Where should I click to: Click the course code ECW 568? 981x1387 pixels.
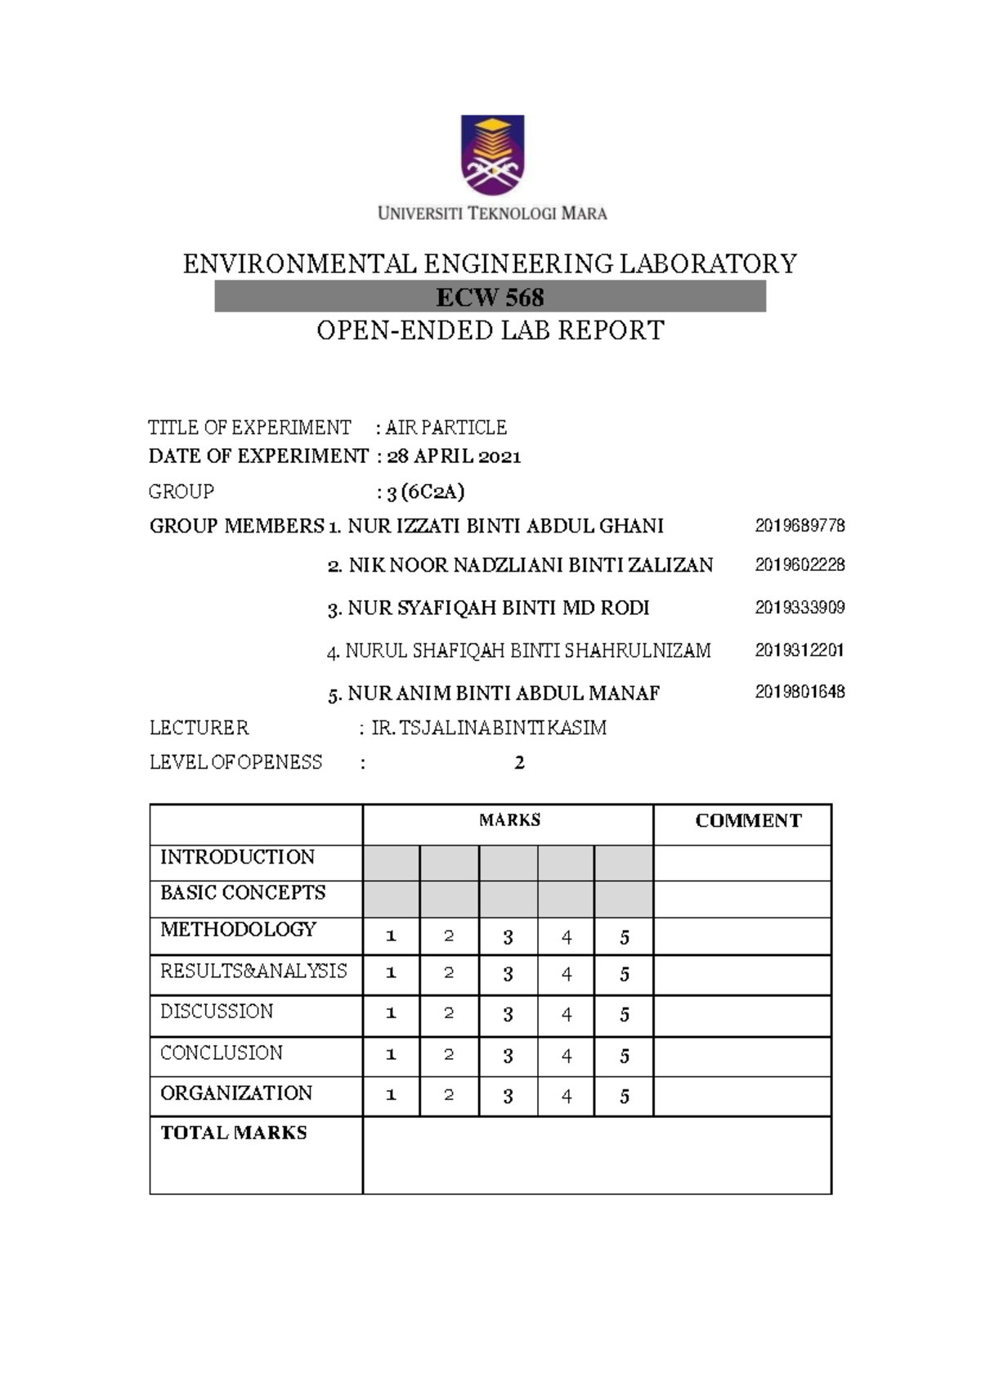pyautogui.click(x=490, y=296)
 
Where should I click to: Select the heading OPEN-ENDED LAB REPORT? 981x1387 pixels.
pyautogui.click(x=490, y=330)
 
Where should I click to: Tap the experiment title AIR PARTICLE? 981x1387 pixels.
pyautogui.click(x=446, y=428)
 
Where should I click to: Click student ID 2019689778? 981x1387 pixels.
pyautogui.click(x=800, y=526)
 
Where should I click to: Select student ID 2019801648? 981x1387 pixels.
pyautogui.click(x=800, y=692)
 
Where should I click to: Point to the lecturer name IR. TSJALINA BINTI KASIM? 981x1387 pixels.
pyautogui.click(x=489, y=728)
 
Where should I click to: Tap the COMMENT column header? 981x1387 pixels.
pyautogui.click(x=748, y=821)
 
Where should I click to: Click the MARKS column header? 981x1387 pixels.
pyautogui.click(x=509, y=820)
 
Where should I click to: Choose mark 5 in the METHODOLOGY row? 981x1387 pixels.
pyautogui.click(x=625, y=937)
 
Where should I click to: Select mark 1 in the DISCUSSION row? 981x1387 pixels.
pyautogui.click(x=391, y=1014)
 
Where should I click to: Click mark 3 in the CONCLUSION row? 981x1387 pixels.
pyautogui.click(x=508, y=1056)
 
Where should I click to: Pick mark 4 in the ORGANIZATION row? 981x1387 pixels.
pyautogui.click(x=567, y=1097)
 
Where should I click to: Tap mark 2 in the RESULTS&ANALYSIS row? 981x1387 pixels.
pyautogui.click(x=449, y=973)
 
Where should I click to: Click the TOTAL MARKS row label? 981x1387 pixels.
pyautogui.click(x=234, y=1133)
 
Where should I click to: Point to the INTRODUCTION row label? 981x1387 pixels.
pyautogui.click(x=237, y=857)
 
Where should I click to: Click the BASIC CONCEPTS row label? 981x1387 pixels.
pyautogui.click(x=243, y=892)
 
